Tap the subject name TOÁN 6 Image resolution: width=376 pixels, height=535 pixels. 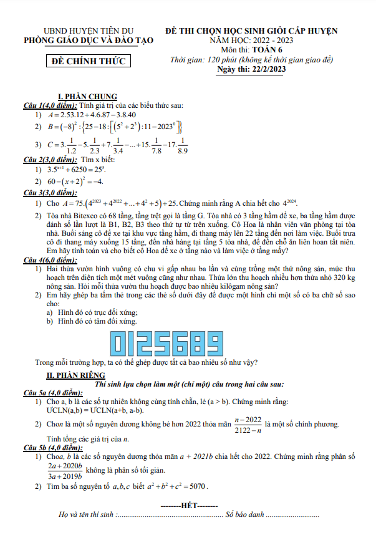[x=266, y=49]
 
